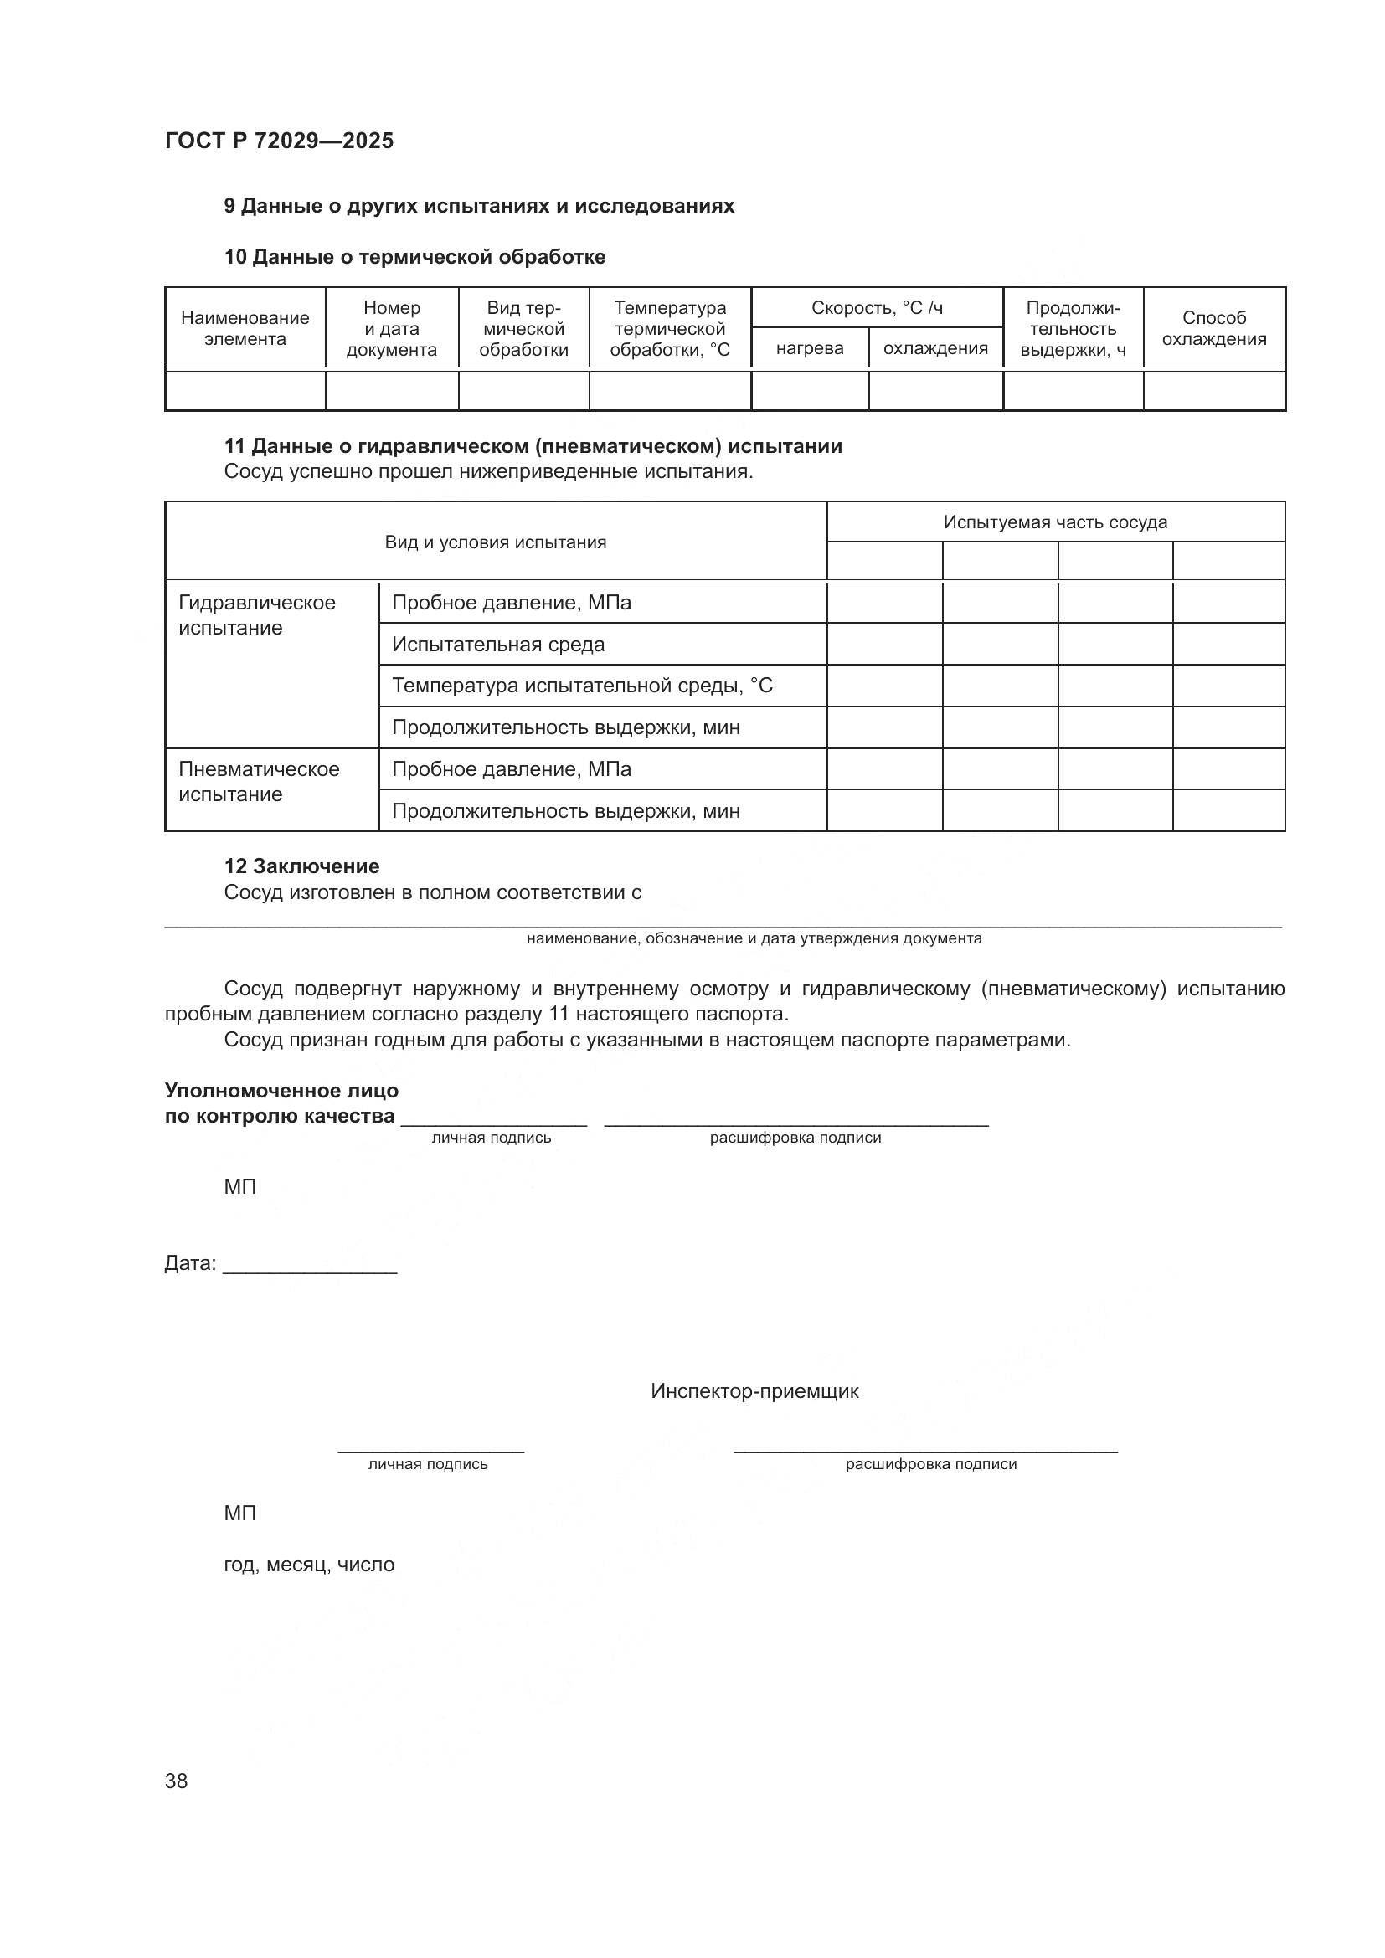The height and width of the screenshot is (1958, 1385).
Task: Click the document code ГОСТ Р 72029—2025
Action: [x=279, y=141]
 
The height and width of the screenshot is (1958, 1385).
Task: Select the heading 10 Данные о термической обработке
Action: [x=414, y=257]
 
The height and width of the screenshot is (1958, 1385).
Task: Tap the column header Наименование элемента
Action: [x=245, y=328]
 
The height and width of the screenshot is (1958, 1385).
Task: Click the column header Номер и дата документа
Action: [x=391, y=328]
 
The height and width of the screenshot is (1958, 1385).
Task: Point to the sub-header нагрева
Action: [x=810, y=348]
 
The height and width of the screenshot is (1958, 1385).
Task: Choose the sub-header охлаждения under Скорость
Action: [x=935, y=348]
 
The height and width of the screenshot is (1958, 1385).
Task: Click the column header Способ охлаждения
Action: [x=1213, y=328]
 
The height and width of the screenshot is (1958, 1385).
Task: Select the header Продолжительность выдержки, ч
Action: [x=1073, y=328]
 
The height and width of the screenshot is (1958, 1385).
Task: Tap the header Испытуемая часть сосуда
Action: [x=1055, y=522]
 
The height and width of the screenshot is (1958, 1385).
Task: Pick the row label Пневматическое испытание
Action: [x=259, y=781]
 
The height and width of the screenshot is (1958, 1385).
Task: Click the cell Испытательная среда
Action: [x=498, y=645]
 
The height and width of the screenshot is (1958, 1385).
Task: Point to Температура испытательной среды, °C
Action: [x=582, y=686]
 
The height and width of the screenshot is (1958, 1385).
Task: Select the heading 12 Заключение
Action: [x=302, y=866]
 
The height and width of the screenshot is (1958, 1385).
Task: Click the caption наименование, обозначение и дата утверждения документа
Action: [x=754, y=938]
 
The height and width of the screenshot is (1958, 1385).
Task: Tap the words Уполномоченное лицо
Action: [x=281, y=1091]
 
